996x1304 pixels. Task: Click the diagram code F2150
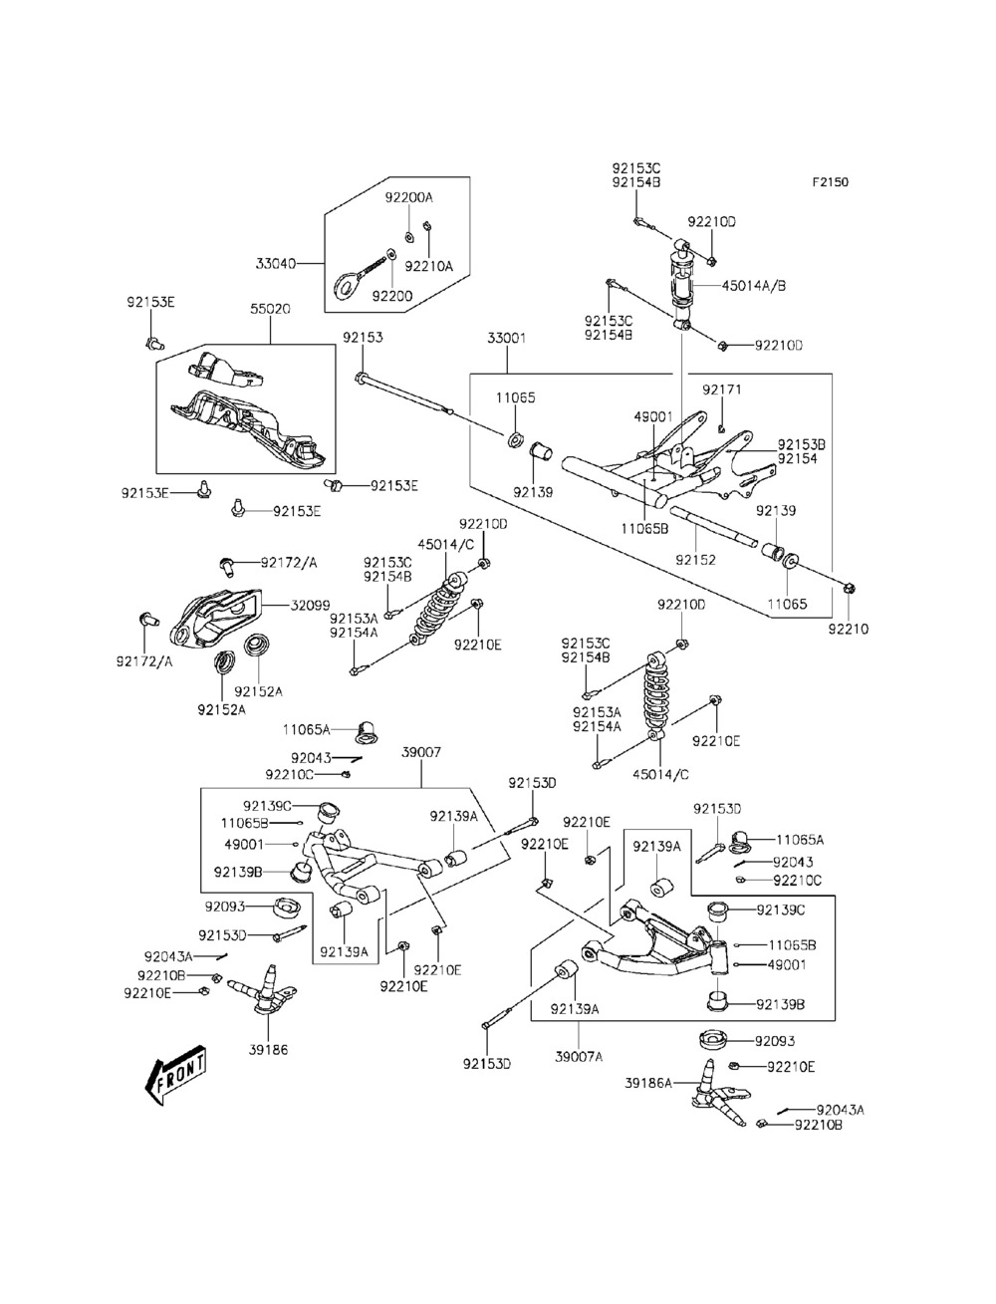pyautogui.click(x=830, y=182)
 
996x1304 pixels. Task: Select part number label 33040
pyautogui.click(x=276, y=263)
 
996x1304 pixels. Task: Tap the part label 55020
pyautogui.click(x=270, y=309)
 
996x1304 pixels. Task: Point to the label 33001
pyautogui.click(x=507, y=338)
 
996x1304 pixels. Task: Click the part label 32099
pyautogui.click(x=310, y=606)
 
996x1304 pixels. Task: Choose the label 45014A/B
pyautogui.click(x=754, y=286)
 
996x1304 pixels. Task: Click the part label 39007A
pyautogui.click(x=579, y=1056)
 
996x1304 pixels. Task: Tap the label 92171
pyautogui.click(x=722, y=390)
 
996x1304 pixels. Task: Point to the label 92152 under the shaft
pyautogui.click(x=695, y=560)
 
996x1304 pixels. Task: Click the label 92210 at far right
pyautogui.click(x=849, y=630)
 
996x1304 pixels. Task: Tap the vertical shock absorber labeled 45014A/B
pyautogui.click(x=682, y=285)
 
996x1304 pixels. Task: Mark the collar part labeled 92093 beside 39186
pyautogui.click(x=288, y=908)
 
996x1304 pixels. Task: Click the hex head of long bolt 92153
pyautogui.click(x=362, y=378)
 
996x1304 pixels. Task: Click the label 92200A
pyautogui.click(x=408, y=197)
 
